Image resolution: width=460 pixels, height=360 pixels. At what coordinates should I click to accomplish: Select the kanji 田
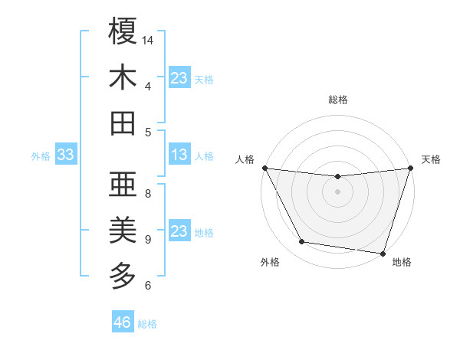(x=123, y=123)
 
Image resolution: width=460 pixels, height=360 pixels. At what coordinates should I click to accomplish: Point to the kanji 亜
(x=123, y=185)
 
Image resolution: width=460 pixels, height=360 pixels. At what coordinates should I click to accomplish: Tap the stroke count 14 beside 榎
(x=148, y=40)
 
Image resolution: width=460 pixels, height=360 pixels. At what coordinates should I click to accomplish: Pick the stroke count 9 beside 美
(x=148, y=240)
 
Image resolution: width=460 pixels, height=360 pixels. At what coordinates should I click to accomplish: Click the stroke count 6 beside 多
(x=148, y=286)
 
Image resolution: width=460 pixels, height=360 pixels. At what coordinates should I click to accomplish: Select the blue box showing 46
(x=123, y=322)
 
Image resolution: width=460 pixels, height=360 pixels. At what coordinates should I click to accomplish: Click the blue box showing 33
(x=66, y=155)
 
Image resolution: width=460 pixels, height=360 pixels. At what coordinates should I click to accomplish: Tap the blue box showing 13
(x=179, y=155)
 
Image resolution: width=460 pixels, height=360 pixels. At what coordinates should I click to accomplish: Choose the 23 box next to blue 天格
(x=179, y=77)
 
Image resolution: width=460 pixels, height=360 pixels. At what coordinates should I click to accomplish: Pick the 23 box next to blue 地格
(x=179, y=231)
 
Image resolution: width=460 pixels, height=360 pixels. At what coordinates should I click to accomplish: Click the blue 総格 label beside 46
(x=147, y=324)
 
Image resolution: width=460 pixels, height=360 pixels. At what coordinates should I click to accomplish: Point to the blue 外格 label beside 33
(x=41, y=156)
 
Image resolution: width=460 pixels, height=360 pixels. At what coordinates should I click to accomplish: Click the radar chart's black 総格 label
(x=338, y=100)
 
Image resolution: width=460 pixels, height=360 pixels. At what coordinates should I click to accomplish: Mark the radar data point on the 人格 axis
(x=264, y=168)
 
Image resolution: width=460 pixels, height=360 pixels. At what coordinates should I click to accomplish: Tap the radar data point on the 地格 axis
(x=383, y=253)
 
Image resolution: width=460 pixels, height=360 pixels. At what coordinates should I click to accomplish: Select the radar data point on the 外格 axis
(x=302, y=242)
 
